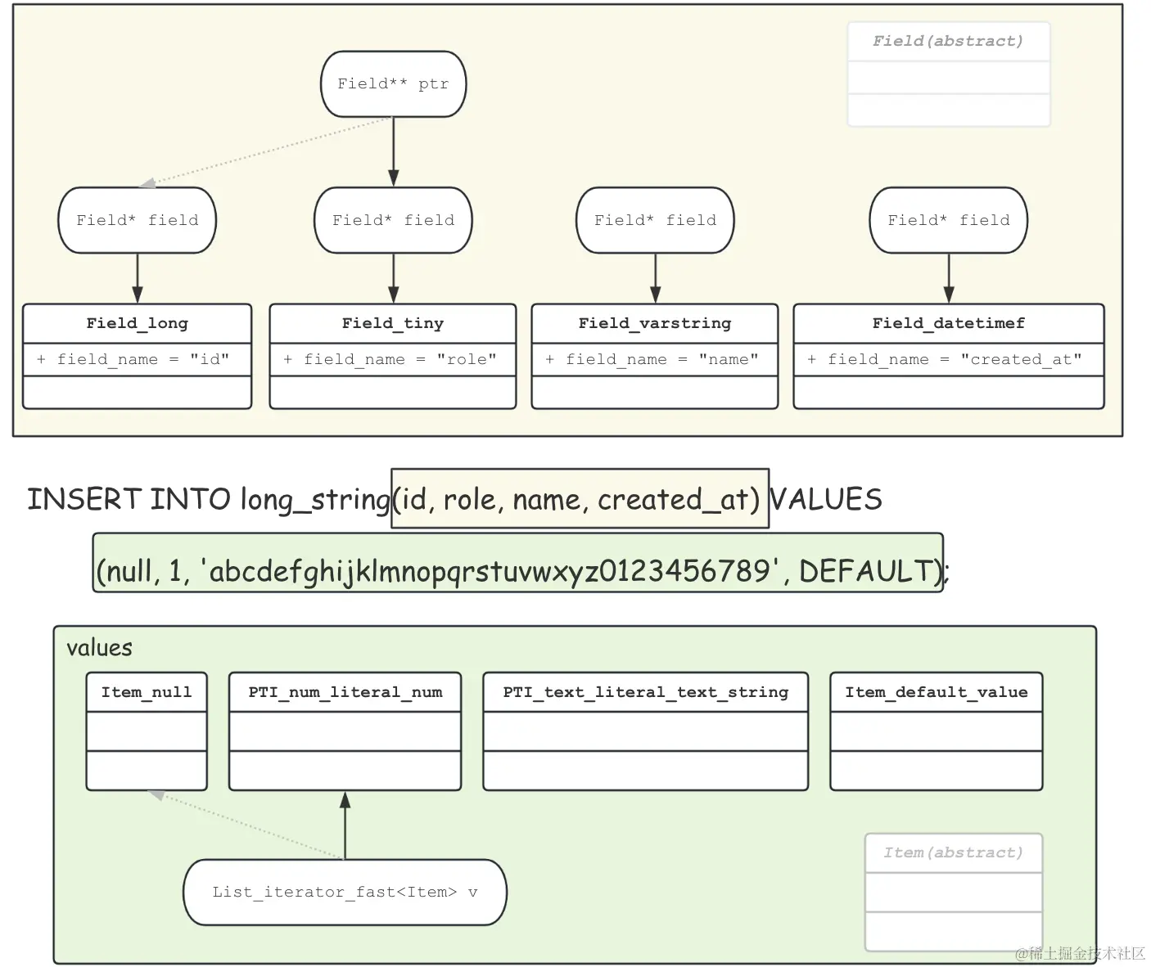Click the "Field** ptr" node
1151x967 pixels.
393,84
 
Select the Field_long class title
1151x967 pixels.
137,323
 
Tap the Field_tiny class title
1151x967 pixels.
393,323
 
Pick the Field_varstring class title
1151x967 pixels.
655,323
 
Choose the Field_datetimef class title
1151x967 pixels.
948,323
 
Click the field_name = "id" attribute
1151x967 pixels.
137,359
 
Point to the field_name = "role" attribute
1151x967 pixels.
393,359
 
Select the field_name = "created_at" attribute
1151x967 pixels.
948,359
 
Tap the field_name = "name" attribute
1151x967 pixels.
655,359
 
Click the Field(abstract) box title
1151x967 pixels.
948,41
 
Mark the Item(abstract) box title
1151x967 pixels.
953,852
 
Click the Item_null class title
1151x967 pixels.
147,692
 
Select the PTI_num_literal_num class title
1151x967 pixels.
345,692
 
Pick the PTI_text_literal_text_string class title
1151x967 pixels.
645,692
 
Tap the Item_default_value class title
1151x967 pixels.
936,692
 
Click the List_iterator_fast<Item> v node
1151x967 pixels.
345,892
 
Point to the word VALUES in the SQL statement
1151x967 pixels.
826,499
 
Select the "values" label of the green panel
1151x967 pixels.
99,648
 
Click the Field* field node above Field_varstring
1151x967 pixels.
655,220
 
